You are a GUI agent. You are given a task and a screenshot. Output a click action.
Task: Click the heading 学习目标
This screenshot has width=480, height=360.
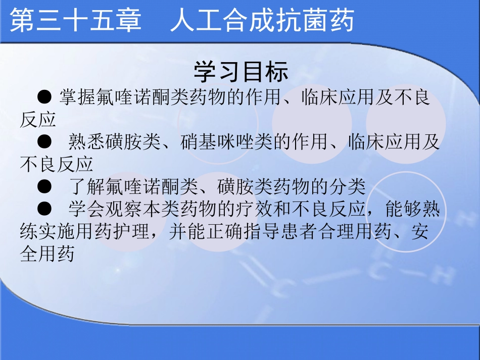(241, 72)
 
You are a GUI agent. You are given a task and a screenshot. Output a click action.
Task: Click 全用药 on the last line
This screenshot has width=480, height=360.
(47, 254)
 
